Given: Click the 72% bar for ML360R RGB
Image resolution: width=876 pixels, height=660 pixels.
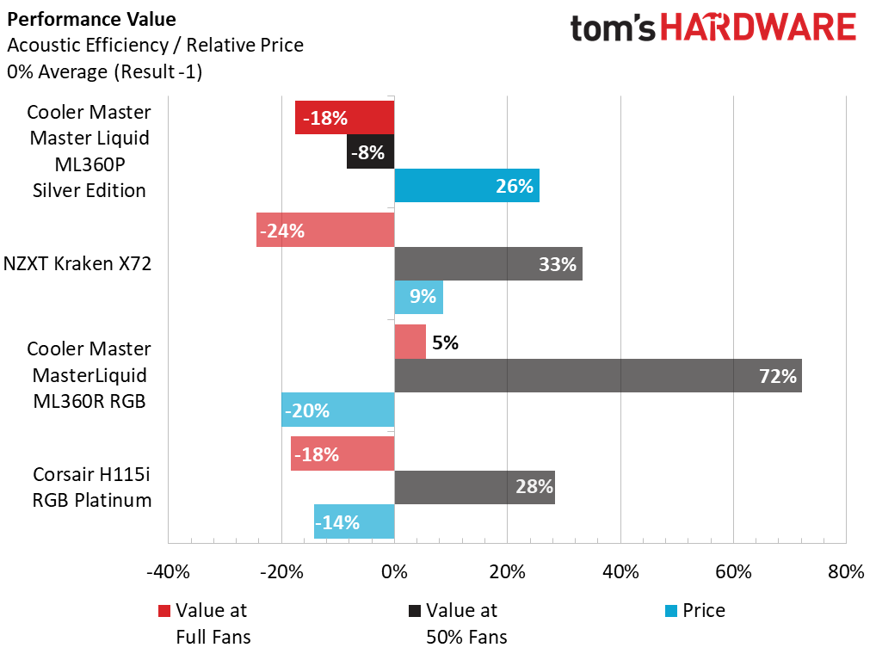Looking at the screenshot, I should (x=597, y=375).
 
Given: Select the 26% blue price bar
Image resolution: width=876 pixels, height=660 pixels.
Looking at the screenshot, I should (x=466, y=186).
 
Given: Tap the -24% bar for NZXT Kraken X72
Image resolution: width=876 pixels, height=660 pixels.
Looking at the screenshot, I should (x=325, y=230).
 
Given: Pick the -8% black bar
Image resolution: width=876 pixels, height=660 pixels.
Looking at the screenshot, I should (x=371, y=151).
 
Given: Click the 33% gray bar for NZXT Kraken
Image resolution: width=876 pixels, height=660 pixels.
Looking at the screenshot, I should (x=488, y=263).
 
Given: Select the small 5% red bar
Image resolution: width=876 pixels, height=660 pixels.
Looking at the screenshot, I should (x=410, y=342).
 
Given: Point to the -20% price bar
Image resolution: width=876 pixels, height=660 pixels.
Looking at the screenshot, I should (x=338, y=410).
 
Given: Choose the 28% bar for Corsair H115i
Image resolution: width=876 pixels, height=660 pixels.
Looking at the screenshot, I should (x=474, y=487).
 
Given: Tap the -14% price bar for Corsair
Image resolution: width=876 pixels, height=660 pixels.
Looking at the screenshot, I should (x=355, y=521).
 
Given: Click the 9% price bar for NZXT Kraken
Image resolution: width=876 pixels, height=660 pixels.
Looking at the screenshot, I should (x=419, y=297).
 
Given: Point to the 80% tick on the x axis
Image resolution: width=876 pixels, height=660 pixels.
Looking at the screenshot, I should (x=845, y=572).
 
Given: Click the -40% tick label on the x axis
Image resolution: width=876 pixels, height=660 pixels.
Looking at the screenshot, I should (x=168, y=572).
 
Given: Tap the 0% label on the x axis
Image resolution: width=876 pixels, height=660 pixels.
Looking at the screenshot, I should (x=394, y=572).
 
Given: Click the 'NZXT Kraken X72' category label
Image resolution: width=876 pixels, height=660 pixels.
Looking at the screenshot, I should (x=77, y=263).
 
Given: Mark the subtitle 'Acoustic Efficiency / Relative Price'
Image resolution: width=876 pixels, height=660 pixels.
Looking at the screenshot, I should (x=155, y=45).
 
